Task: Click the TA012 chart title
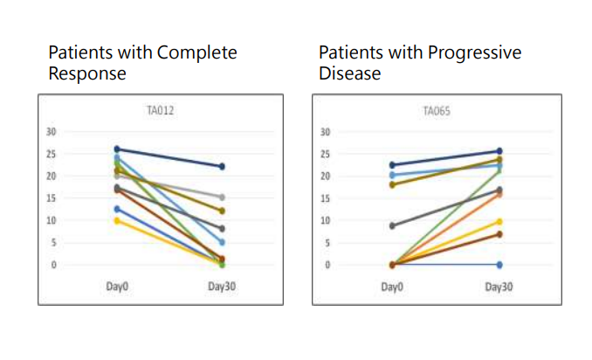tap(160, 111)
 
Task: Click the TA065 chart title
tap(435, 111)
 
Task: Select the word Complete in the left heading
tap(196, 52)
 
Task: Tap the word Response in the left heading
tap(86, 73)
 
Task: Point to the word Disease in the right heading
tap(349, 73)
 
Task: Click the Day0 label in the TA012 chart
tap(116, 286)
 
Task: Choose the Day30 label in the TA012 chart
tap(222, 286)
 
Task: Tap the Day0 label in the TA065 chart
tap(391, 286)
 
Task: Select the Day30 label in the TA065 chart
tap(498, 286)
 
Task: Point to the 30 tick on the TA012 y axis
tap(51, 132)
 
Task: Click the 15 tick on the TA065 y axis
tap(325, 198)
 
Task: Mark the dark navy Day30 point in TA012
tap(223, 166)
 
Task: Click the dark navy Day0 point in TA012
tap(117, 149)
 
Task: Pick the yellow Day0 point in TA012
tap(117, 220)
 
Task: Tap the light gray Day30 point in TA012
tap(223, 197)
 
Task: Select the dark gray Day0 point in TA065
tap(392, 225)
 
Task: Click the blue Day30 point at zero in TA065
tap(499, 264)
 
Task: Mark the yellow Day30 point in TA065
tap(499, 221)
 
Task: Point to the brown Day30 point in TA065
tap(499, 233)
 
